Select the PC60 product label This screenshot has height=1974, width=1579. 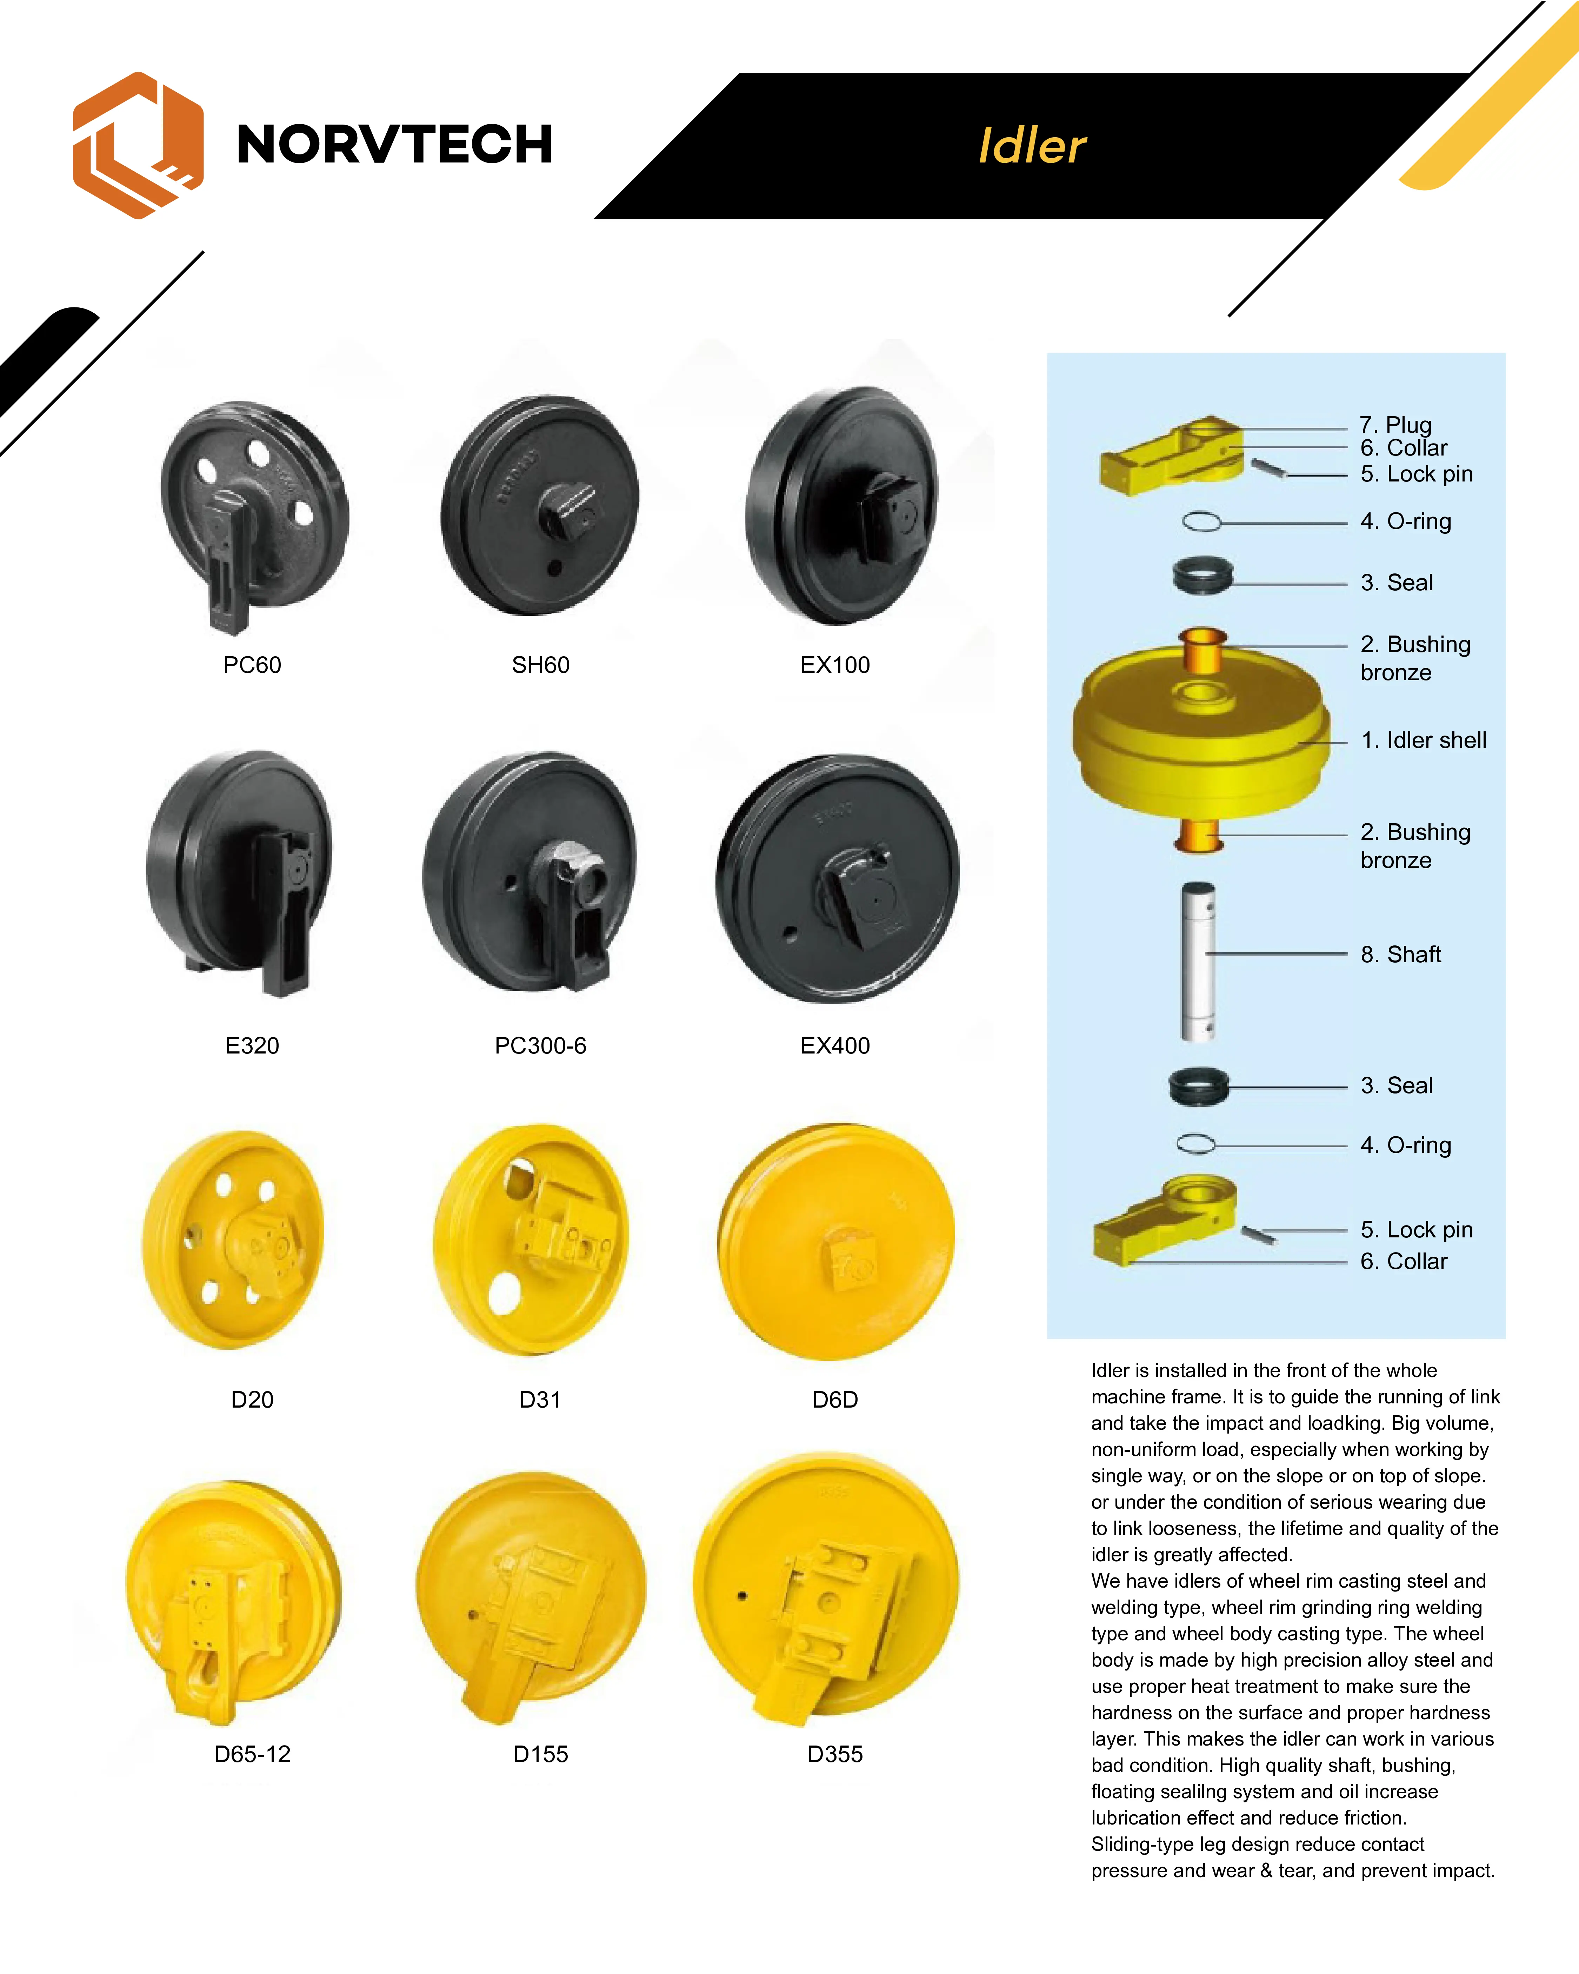point(252,665)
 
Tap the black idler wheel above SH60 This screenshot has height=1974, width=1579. point(540,505)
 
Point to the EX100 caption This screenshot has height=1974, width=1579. point(835,665)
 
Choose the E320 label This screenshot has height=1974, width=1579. point(252,1045)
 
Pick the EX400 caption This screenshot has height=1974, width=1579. point(835,1045)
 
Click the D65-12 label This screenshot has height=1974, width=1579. point(252,1754)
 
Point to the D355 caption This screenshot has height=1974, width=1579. point(835,1754)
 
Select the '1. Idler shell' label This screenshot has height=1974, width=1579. point(1424,740)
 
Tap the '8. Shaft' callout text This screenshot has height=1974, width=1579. point(1400,954)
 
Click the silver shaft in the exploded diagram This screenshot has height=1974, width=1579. point(1198,961)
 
